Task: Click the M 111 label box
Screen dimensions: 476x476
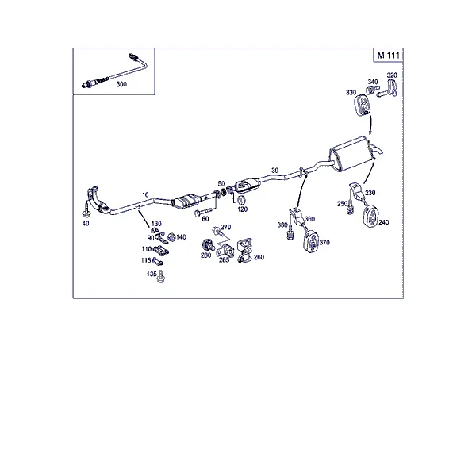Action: pos(388,55)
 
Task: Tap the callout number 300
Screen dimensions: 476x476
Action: pos(121,84)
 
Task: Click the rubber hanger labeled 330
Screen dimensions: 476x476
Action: pos(363,105)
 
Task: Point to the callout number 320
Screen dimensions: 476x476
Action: pos(392,75)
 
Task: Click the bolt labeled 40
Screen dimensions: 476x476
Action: pos(86,210)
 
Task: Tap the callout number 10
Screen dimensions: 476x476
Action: pos(145,194)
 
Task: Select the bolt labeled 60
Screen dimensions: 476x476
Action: pos(203,212)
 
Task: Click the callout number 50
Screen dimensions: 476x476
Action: pos(221,184)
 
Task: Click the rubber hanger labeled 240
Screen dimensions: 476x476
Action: pos(370,216)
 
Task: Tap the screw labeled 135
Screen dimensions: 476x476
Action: pos(161,277)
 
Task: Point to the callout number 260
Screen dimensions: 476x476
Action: pos(259,257)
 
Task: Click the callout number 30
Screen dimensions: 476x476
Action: pos(274,171)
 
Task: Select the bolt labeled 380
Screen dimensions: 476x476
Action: pos(290,232)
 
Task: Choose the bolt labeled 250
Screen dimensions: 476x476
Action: pos(350,207)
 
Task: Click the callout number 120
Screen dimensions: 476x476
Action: pos(242,209)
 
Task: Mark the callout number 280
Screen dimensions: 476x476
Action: pos(205,255)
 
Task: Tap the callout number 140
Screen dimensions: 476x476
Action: pos(181,237)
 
